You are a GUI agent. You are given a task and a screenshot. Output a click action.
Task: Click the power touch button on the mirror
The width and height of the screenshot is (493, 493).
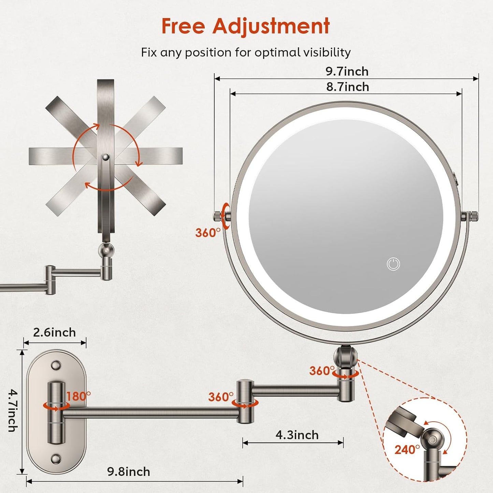click(393, 264)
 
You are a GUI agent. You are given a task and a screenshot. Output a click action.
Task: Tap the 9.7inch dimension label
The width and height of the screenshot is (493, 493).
click(347, 71)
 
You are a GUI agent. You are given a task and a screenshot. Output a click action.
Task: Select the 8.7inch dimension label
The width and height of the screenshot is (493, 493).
click(348, 87)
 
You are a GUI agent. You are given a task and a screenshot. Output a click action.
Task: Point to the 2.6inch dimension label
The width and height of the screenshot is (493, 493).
click(55, 332)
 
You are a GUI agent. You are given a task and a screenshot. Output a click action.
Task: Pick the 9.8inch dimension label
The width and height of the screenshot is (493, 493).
click(129, 472)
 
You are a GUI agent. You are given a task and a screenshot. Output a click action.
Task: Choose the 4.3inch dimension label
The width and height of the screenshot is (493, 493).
click(297, 435)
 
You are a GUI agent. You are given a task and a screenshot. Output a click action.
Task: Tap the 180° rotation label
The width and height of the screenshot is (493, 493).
click(78, 396)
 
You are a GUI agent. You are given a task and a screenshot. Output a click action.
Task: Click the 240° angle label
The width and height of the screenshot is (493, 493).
click(407, 450)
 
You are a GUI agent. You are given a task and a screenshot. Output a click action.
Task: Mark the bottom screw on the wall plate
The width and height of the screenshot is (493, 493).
click(56, 459)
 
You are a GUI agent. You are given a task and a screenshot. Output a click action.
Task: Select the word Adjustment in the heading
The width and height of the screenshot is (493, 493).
click(271, 26)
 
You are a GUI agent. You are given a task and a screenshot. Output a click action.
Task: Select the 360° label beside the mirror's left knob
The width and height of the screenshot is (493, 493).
click(208, 233)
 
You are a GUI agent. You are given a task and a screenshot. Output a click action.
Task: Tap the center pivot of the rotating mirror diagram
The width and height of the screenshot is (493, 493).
click(106, 157)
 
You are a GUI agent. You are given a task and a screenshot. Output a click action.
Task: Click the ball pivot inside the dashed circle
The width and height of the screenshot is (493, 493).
click(432, 439)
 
